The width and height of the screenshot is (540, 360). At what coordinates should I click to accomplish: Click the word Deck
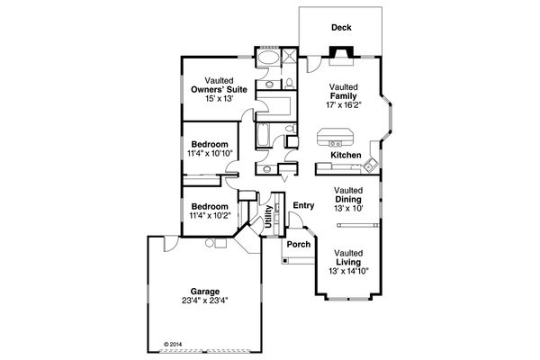click(x=341, y=28)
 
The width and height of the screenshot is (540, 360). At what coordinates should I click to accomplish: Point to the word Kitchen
click(x=346, y=156)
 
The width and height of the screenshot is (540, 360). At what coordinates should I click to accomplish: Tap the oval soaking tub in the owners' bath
click(x=266, y=61)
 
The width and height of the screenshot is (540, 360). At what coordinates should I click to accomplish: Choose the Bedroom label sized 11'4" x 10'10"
click(x=209, y=145)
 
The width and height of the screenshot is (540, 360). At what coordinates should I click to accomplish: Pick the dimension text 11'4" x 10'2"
click(x=209, y=215)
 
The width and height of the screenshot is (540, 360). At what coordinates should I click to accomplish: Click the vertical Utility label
click(x=269, y=219)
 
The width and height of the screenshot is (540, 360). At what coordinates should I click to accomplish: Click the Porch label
click(x=298, y=243)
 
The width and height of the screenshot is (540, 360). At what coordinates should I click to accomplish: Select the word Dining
click(x=348, y=200)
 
